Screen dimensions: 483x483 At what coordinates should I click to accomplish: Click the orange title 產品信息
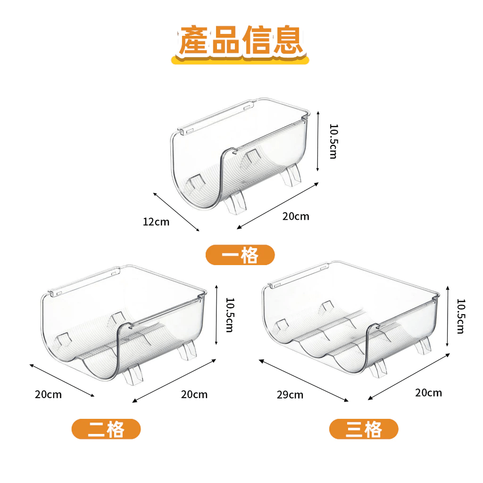point(240,41)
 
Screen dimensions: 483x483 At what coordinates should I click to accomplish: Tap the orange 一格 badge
point(240,255)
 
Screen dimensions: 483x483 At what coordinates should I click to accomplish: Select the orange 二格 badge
point(106,429)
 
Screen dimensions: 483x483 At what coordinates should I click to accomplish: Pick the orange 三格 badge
point(364,429)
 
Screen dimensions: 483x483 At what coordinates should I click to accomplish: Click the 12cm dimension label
point(156,222)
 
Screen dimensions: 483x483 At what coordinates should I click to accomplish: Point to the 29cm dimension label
point(290,395)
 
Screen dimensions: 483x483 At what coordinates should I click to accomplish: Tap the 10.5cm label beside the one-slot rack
point(333,142)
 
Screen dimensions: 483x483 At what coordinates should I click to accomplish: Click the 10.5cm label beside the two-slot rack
point(230,315)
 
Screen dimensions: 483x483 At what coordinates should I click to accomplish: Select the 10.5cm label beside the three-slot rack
point(461,316)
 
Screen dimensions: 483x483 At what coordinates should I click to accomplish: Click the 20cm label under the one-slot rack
point(296,216)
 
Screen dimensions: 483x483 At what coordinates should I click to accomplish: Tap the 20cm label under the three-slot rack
point(428,393)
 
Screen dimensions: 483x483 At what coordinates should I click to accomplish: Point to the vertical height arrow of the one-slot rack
point(318,142)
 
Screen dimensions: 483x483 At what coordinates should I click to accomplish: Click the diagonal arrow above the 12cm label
point(176,212)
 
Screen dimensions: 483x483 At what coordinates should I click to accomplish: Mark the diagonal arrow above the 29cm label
point(303,381)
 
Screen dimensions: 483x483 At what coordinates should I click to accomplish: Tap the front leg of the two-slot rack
point(133,374)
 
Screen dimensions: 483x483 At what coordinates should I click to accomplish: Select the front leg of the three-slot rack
point(378,368)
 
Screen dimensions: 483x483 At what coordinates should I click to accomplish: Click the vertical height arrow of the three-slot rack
point(448,316)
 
